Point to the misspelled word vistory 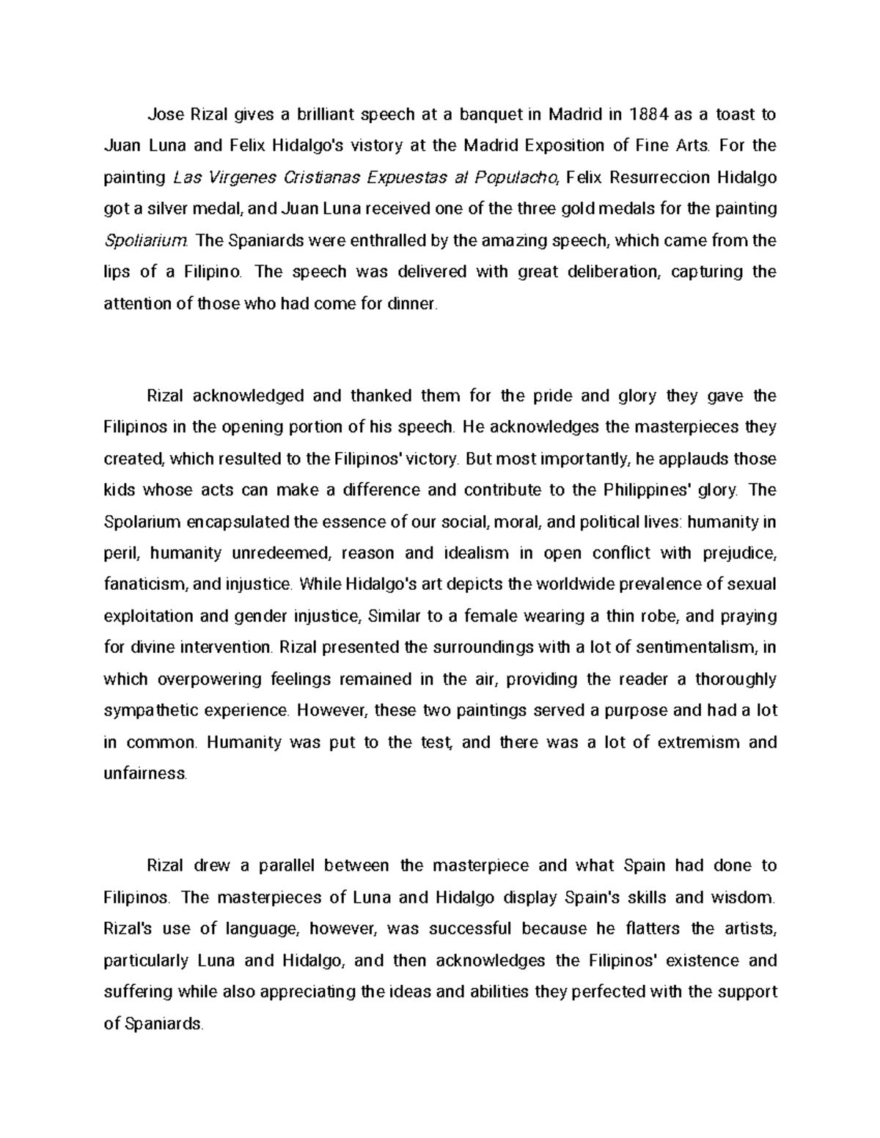(378, 146)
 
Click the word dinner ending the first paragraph (414, 303)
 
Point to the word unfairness (145, 773)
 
